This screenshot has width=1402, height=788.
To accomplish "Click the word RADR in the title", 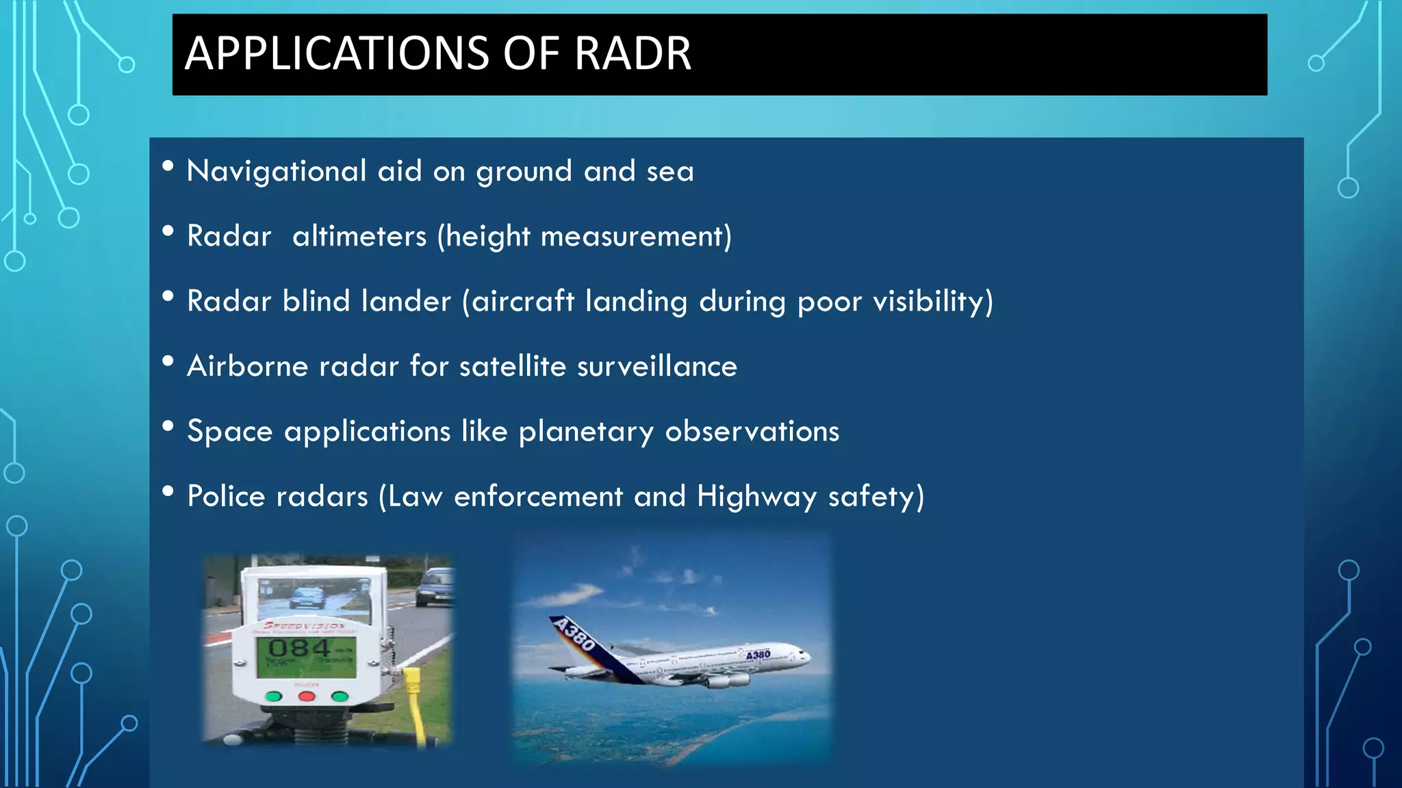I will coord(633,53).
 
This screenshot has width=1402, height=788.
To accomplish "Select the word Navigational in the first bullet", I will coord(277,171).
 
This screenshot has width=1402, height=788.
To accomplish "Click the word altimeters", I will coord(359,237).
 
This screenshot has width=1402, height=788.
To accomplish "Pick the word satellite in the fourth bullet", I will coord(513,367).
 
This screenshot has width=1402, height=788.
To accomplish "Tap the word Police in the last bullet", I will coord(226,497).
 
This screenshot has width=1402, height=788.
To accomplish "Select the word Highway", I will coord(757,497).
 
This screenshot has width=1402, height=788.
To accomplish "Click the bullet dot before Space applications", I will coord(168,427).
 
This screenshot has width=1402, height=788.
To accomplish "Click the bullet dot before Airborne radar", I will coord(168,362).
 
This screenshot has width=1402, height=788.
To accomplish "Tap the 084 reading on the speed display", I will coord(298,648).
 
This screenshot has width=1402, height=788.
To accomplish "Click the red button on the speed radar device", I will coord(307,696).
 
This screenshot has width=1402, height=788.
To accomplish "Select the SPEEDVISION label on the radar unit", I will coord(305,625).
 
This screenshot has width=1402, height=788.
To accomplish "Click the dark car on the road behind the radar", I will coord(434,587).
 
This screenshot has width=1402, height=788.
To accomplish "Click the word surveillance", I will coord(657,367).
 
